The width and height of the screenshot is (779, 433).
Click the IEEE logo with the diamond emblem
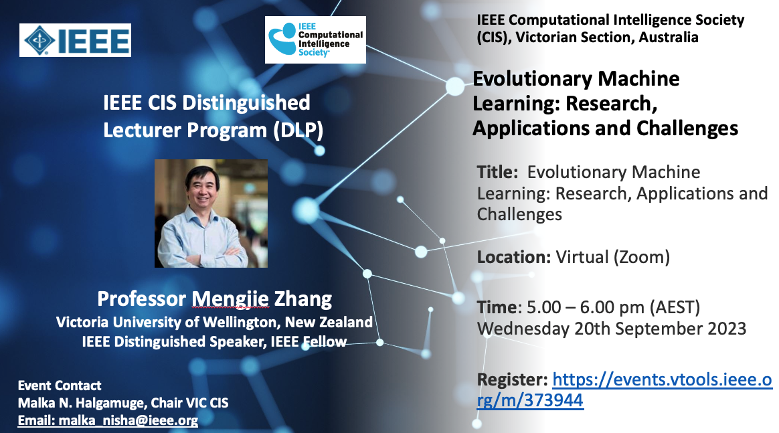(x=75, y=39)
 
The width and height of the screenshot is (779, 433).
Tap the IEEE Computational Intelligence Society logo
(x=315, y=39)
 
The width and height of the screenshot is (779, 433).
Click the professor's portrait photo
(x=211, y=213)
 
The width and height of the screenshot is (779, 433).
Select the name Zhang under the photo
(x=303, y=299)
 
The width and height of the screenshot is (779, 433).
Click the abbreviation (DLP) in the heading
(x=298, y=131)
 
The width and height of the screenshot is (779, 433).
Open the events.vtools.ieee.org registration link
(x=624, y=389)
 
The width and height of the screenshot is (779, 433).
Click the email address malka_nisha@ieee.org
(x=128, y=420)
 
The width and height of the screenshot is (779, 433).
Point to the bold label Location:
(x=514, y=257)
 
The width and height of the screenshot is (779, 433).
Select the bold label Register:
(x=512, y=380)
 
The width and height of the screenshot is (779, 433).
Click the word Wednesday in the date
(x=523, y=329)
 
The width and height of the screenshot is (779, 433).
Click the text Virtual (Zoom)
(x=612, y=257)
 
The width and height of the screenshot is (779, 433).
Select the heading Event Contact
(x=60, y=386)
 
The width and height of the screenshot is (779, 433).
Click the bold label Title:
(x=497, y=172)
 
